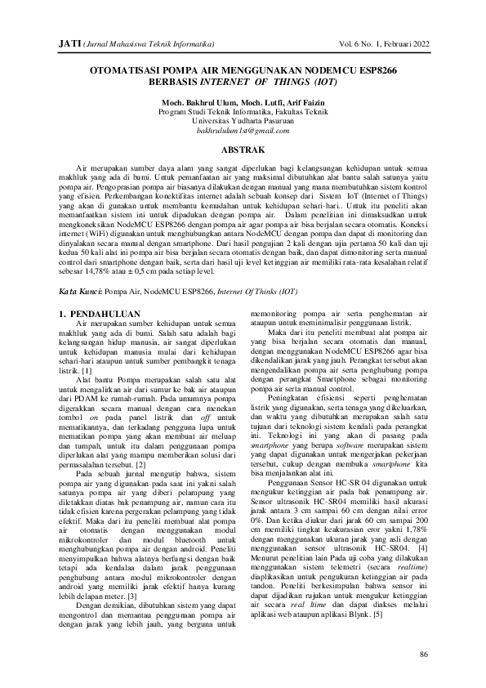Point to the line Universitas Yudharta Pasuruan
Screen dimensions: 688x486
243,120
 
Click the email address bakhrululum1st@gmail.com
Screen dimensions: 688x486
243,130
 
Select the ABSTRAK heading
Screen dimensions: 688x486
243,150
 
